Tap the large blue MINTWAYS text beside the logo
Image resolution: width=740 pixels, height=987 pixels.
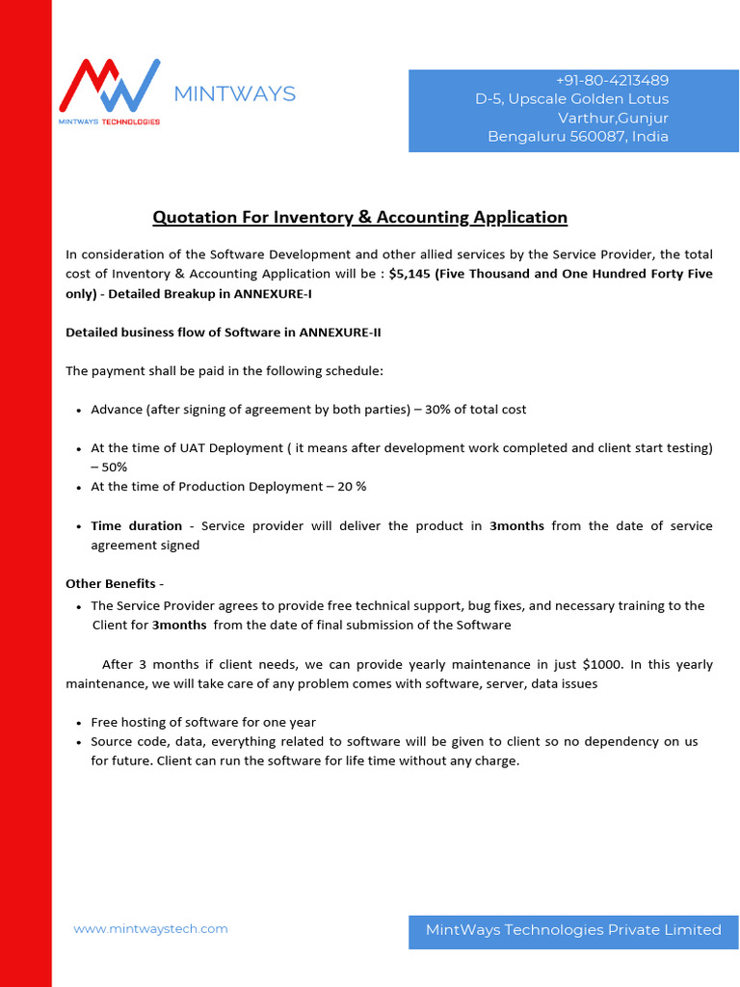coord(234,93)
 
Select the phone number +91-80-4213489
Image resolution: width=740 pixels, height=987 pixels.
coord(612,80)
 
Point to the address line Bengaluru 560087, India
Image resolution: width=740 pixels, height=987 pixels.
coord(577,136)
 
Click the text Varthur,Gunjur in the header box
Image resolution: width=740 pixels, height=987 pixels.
coord(613,118)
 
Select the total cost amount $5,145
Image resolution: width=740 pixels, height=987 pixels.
coord(410,274)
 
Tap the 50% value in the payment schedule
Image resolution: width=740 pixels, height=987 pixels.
coord(109,467)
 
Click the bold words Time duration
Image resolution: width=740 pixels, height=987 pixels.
coord(136,525)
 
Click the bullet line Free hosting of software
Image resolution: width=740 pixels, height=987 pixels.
coord(203,722)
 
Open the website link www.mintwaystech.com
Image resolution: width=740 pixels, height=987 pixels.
coord(150,928)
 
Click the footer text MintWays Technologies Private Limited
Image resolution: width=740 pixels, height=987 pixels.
coord(573,929)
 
